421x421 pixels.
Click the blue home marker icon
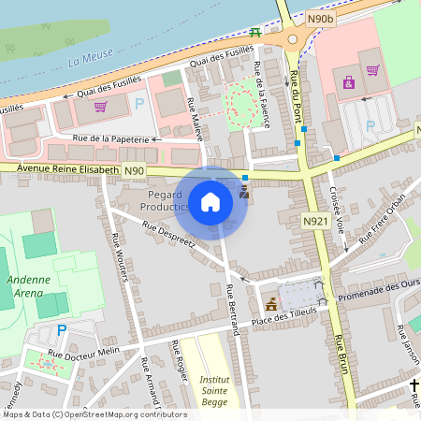tap(210, 202)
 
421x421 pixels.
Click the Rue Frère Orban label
tap(384, 220)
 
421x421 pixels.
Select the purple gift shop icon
tap(349, 83)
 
